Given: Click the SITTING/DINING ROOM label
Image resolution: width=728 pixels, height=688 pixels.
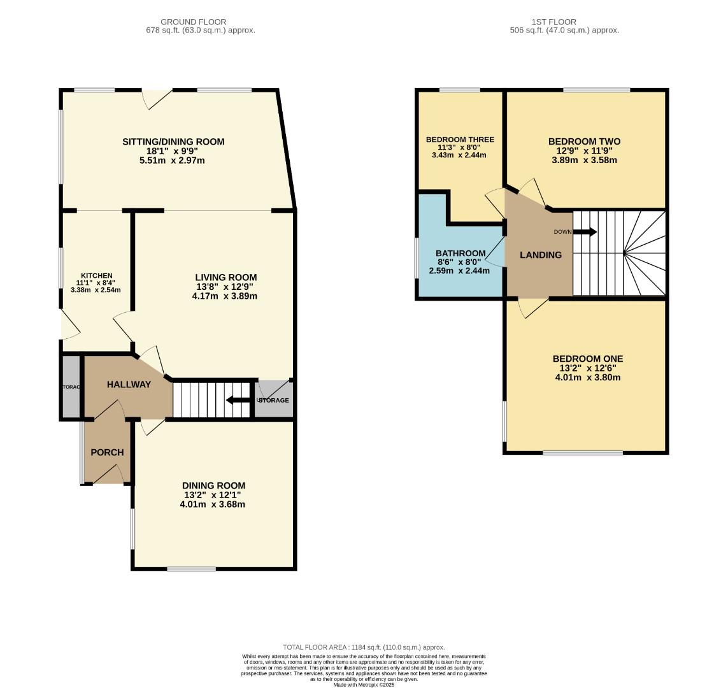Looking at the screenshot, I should [173, 141].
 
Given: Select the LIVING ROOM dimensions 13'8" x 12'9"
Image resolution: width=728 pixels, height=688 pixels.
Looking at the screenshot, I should [225, 287].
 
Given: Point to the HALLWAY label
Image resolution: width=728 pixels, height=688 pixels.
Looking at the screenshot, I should [129, 384].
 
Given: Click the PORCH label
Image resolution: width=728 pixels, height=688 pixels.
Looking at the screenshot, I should [107, 452].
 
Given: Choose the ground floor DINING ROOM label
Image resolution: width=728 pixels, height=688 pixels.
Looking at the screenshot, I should [213, 485].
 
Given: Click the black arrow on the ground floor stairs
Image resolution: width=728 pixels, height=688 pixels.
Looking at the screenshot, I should [238, 400].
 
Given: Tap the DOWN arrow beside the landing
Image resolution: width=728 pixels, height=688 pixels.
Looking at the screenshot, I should [585, 232].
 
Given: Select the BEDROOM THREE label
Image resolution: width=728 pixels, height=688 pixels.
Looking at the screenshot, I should [460, 140].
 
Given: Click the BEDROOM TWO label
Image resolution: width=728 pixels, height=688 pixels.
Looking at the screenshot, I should [584, 141].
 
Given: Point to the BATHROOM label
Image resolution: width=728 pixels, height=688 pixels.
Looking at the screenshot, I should [460, 253].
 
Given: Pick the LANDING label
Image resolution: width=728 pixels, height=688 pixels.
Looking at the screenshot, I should [541, 255].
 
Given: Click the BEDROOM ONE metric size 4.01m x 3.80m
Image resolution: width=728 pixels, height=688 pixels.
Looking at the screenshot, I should [587, 377].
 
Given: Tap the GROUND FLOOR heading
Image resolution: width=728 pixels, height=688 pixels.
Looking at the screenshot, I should [193, 22].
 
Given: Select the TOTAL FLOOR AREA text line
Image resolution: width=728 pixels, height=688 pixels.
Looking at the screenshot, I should [364, 647].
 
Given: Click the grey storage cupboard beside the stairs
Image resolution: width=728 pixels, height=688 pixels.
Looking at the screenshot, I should [274, 399].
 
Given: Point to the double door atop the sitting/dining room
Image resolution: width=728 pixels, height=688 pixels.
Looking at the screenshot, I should [157, 98].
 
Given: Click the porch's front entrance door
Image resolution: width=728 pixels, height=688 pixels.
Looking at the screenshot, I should [109, 475].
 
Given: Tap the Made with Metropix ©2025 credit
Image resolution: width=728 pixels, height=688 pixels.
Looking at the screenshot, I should [364, 685].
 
